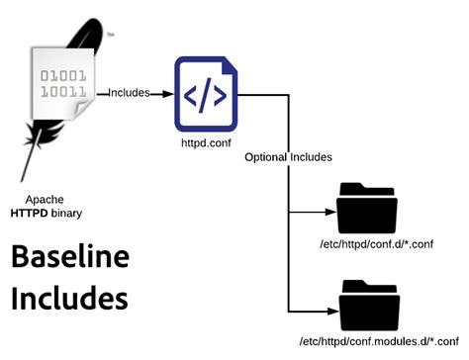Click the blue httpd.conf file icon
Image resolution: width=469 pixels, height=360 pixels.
(204, 95)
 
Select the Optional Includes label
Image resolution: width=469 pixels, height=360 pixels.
(288, 157)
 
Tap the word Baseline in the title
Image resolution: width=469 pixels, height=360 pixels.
(70, 258)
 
